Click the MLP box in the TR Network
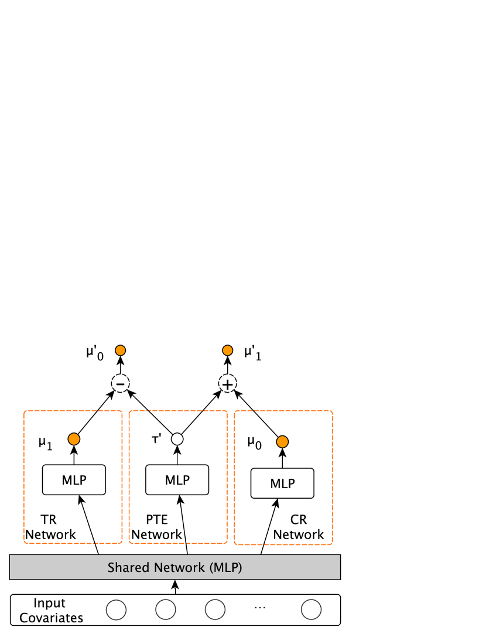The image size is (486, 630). [74, 480]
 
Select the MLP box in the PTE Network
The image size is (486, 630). [177, 480]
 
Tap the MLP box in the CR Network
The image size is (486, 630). [282, 483]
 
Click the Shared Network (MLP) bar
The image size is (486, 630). [174, 567]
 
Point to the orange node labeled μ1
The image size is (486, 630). [74, 438]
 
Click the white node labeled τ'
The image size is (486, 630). [177, 438]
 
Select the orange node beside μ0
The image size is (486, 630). [282, 442]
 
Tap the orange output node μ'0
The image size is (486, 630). [120, 351]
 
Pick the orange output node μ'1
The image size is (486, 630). [227, 351]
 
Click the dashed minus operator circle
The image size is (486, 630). [120, 384]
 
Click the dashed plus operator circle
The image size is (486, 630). [227, 384]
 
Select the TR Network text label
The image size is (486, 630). [50, 527]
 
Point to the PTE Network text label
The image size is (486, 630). [156, 527]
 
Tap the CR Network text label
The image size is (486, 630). [299, 527]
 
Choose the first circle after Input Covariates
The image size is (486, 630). [116, 610]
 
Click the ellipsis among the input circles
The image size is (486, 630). [260, 608]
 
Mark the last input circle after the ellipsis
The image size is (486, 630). [311, 610]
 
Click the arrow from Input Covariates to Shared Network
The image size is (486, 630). [176, 587]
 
